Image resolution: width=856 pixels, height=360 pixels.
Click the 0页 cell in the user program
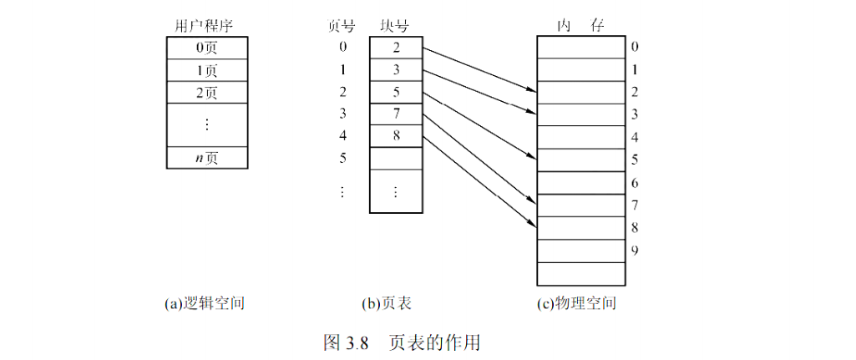(206, 48)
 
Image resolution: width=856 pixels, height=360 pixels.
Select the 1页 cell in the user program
(206, 70)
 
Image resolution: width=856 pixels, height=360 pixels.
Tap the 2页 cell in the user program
(206, 92)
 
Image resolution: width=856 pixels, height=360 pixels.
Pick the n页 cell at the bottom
(206, 157)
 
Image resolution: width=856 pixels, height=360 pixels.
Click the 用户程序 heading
(206, 27)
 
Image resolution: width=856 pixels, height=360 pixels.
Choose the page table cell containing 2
(396, 48)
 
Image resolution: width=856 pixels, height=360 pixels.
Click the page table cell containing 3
(396, 70)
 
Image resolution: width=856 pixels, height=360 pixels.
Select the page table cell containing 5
(396, 92)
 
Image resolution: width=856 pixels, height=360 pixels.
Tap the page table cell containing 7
(396, 114)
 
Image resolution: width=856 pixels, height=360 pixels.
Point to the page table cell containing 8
(396, 135)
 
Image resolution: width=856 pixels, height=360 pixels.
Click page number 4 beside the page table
(342, 135)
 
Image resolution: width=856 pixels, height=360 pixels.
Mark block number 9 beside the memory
(636, 250)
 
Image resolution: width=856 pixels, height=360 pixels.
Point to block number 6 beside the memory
(636, 182)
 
